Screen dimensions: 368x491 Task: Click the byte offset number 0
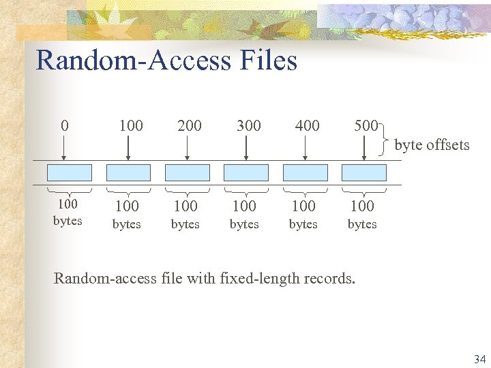pos(64,125)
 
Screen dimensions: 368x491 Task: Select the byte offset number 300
pos(248,125)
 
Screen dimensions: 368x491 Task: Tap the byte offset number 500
pos(366,125)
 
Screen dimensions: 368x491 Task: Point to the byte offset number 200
pos(190,125)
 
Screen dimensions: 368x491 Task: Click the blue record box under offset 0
pos(69,172)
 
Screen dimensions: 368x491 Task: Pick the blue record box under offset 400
pos(304,172)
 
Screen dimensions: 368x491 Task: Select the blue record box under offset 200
pos(187,172)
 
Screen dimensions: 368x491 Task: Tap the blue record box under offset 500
pos(363,172)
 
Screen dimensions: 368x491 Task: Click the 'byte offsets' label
pos(432,144)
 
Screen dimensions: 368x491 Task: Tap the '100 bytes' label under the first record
pos(68,212)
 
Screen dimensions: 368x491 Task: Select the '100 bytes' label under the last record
pos(362,213)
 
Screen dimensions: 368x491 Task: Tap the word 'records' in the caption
pos(330,278)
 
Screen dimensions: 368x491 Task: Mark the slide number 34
pos(479,358)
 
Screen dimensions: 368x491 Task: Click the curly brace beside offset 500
pos(387,135)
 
